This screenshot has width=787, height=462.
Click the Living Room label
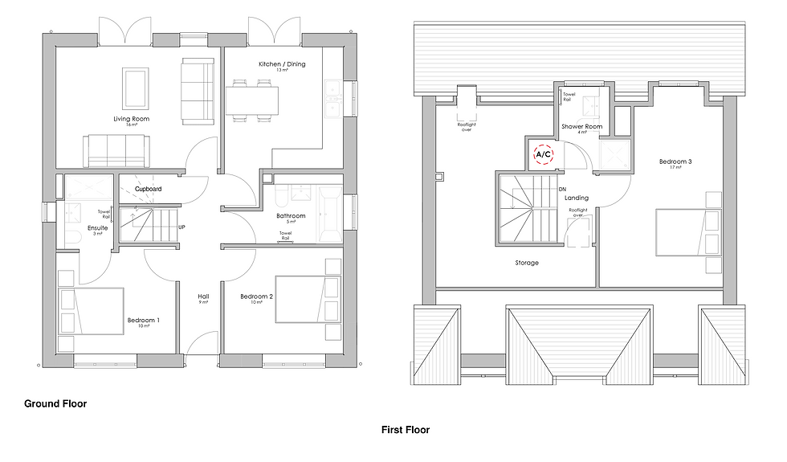(x=131, y=119)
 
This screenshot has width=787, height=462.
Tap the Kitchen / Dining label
(x=282, y=63)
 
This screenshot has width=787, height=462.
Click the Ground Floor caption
(x=55, y=403)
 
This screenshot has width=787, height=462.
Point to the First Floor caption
(x=405, y=430)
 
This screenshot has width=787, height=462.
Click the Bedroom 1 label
(x=143, y=321)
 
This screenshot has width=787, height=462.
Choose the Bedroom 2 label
(x=257, y=296)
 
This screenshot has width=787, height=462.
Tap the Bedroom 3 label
(x=675, y=161)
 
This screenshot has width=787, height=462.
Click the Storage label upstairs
(x=527, y=263)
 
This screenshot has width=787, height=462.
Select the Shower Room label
(x=582, y=126)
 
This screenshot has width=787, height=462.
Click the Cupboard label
(x=148, y=189)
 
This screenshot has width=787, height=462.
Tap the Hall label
(x=203, y=296)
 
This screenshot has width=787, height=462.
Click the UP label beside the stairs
(x=182, y=227)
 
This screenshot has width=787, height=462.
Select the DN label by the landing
(x=562, y=190)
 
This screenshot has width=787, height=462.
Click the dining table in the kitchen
(x=252, y=100)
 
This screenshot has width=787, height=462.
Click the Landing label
(x=576, y=198)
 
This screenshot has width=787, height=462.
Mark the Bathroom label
(x=290, y=215)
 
